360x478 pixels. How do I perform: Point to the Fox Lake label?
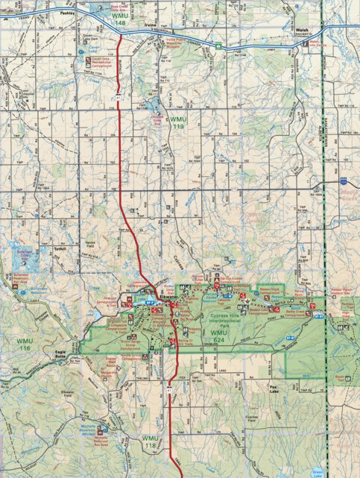(278, 387)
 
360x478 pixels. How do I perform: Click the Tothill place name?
(61, 248)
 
